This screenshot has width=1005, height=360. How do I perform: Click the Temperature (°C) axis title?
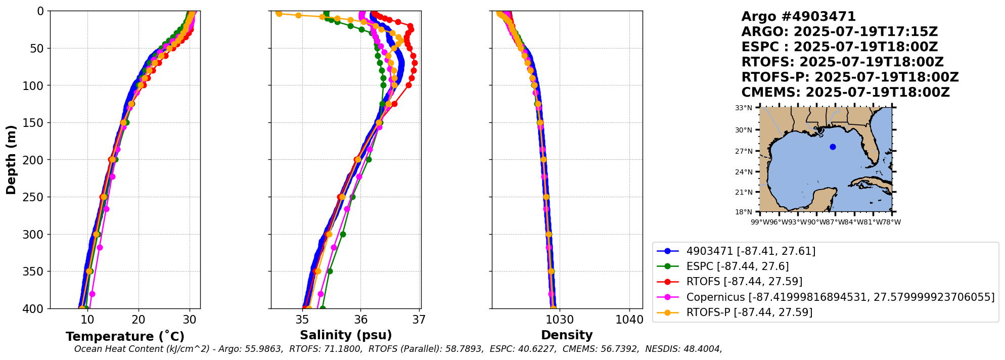(x=125, y=337)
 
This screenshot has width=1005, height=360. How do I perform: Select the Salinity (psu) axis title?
(x=346, y=335)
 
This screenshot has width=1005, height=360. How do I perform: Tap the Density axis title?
(x=567, y=335)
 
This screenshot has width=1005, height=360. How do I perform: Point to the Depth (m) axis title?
(x=11, y=159)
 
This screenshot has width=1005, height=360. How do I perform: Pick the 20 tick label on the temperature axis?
(x=139, y=320)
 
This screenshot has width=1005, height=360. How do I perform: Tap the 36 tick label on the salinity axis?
(x=360, y=320)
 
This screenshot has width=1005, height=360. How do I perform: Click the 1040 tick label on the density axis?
(x=629, y=320)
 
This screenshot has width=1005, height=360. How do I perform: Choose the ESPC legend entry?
(x=737, y=266)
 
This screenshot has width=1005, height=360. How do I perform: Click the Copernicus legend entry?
(x=840, y=297)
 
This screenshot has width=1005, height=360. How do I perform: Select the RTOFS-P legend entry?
(x=749, y=312)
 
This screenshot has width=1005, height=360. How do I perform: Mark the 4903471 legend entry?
(x=750, y=251)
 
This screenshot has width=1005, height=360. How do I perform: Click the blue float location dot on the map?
(x=833, y=147)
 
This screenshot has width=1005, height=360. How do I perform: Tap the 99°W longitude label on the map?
(x=760, y=222)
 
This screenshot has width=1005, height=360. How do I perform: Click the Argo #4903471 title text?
(x=798, y=17)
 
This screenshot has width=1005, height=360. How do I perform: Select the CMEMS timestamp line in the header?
(x=845, y=93)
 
